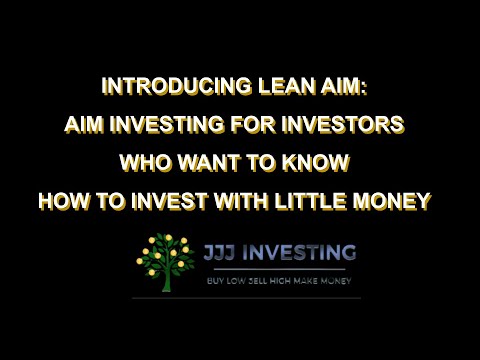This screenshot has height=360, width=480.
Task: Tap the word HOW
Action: [x=63, y=200]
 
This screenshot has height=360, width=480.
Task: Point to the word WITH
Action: [x=234, y=200]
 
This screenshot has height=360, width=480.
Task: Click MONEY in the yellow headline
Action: [x=396, y=200]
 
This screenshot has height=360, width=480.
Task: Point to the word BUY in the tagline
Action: [x=213, y=280]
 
